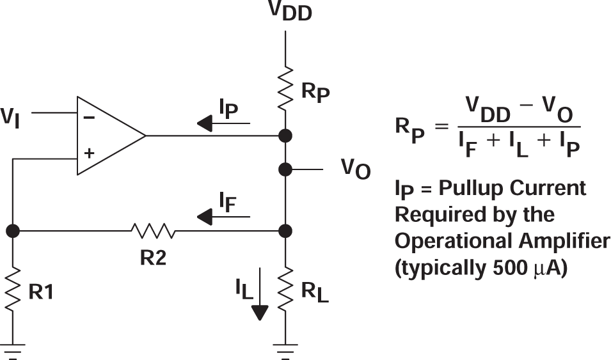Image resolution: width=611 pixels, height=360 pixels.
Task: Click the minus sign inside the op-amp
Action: coord(89,118)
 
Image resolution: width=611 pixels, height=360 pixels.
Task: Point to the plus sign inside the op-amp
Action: coord(89,153)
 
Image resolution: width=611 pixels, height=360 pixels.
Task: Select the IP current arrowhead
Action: coord(205,123)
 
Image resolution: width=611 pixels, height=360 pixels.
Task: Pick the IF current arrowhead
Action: coord(205,218)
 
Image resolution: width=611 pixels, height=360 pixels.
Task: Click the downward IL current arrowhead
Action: coord(260,313)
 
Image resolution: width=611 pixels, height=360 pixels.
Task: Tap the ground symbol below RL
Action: coord(285,350)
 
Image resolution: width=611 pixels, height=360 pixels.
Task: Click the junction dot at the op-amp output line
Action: coord(285,136)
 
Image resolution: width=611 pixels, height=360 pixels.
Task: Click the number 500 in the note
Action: coord(507,267)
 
